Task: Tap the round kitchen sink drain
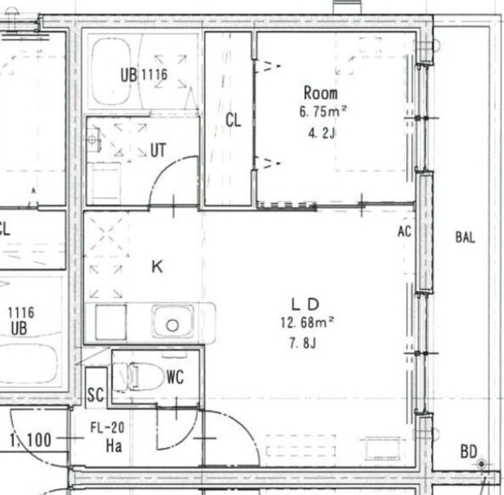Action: click(172, 326)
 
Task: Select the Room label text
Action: click(321, 93)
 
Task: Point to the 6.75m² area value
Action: click(323, 112)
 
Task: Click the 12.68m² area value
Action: click(307, 322)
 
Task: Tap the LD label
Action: click(305, 304)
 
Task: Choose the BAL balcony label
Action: click(465, 237)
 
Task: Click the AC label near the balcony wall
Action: click(404, 231)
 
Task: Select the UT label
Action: click(158, 150)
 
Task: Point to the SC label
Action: click(96, 395)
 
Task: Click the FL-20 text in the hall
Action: click(107, 428)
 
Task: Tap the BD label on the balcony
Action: click(469, 452)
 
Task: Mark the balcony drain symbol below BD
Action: click(481, 464)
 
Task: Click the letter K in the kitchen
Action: click(157, 266)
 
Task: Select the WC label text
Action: click(175, 377)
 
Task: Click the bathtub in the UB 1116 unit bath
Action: click(112, 72)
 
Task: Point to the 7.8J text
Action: click(303, 343)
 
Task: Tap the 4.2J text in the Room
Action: click(322, 133)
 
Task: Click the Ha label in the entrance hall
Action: click(114, 446)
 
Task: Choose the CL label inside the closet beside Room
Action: click(233, 121)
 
